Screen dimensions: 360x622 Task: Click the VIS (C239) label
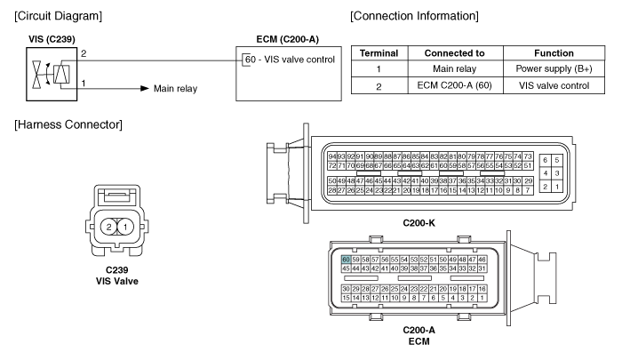coord(50,41)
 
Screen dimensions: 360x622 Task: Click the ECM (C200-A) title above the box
coord(275,41)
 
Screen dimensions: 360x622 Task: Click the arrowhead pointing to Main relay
coord(139,89)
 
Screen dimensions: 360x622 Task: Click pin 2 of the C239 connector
coord(109,228)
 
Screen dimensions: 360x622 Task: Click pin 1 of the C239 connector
coord(125,228)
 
